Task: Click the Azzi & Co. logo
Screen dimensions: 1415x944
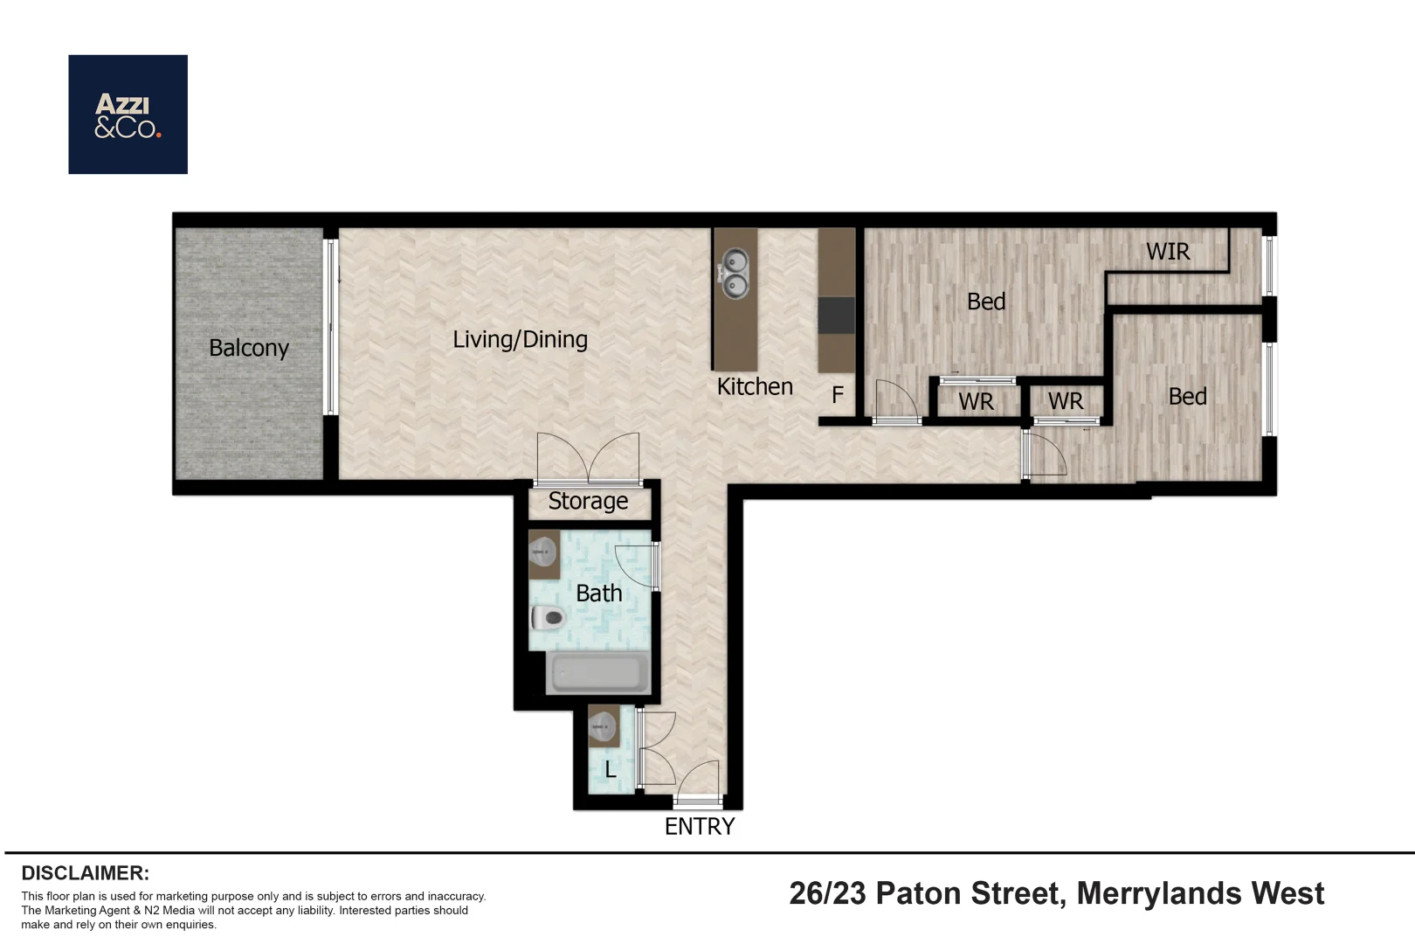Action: click(x=128, y=115)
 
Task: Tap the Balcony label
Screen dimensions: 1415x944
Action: click(x=249, y=349)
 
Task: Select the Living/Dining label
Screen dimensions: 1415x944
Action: click(x=520, y=340)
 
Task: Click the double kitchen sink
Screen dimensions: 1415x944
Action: click(x=734, y=274)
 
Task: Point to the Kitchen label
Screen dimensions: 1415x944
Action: click(x=755, y=386)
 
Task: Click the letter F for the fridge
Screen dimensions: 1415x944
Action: click(x=838, y=395)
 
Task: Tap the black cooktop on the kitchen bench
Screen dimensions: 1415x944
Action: click(x=837, y=315)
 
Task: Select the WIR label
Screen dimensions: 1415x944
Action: click(x=1168, y=252)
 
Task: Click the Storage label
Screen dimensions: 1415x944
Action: click(x=588, y=501)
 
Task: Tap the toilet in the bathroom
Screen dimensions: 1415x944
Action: click(x=547, y=618)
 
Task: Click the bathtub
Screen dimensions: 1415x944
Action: click(x=597, y=673)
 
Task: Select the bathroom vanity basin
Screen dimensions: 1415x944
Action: click(x=543, y=554)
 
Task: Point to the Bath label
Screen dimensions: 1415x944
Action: click(x=599, y=593)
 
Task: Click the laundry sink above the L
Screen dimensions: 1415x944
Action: click(x=604, y=726)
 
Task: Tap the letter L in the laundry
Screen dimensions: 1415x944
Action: click(x=611, y=770)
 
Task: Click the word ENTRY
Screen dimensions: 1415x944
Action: click(x=700, y=827)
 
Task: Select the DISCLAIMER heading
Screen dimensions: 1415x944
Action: click(x=86, y=873)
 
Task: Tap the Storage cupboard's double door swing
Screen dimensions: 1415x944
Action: click(x=588, y=458)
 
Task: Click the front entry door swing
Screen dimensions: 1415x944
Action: click(x=698, y=783)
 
